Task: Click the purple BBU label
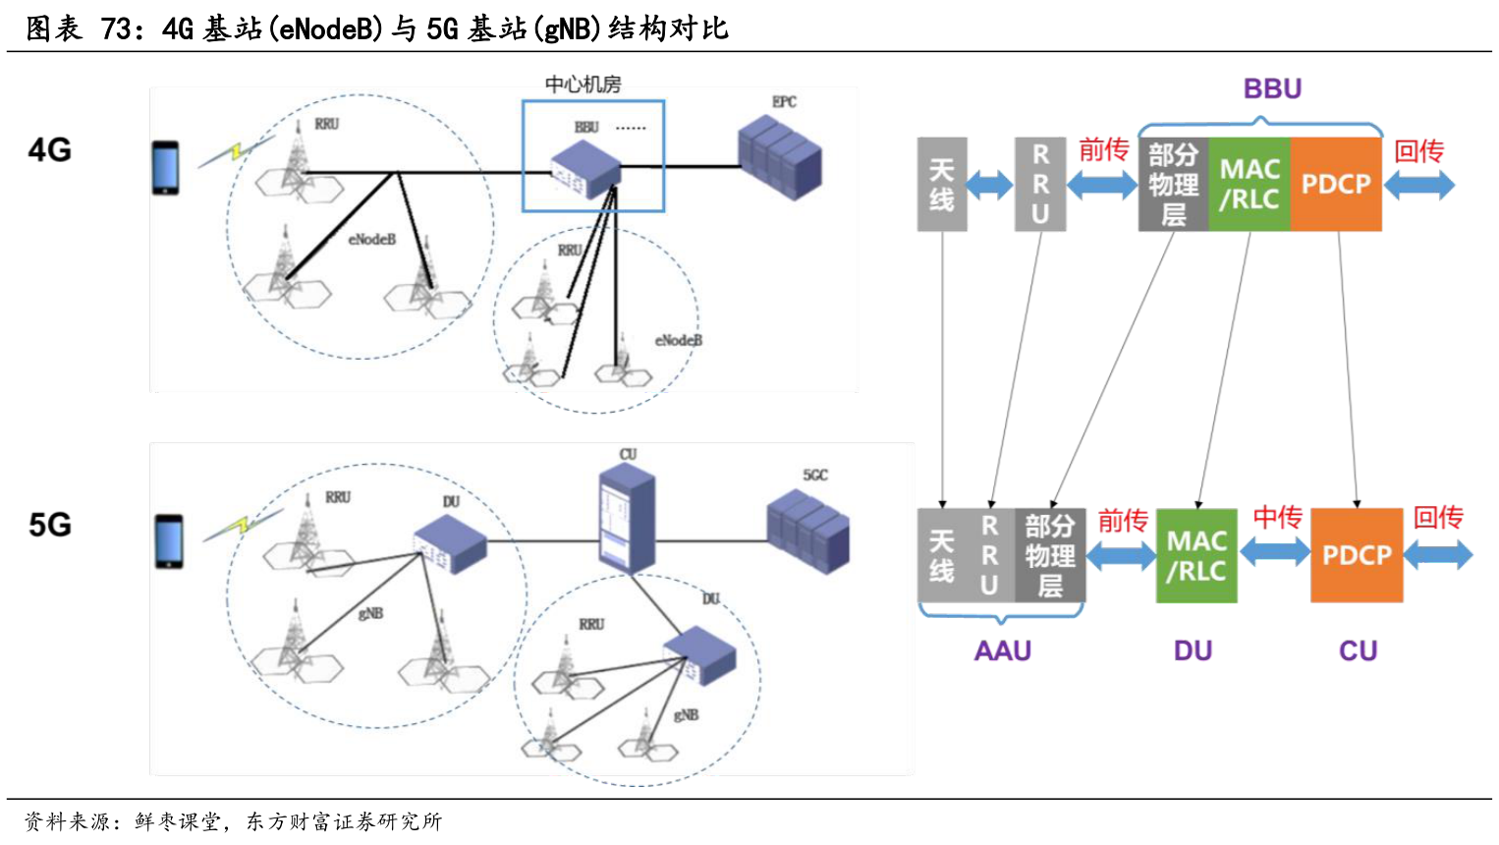pyautogui.click(x=1272, y=88)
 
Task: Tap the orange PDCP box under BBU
pyautogui.click(x=1335, y=184)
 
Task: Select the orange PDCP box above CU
pyautogui.click(x=1357, y=555)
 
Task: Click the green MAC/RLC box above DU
pyautogui.click(x=1195, y=556)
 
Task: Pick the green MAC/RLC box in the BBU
pyautogui.click(x=1249, y=184)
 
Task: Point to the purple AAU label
pyautogui.click(x=1002, y=650)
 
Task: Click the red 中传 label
pyautogui.click(x=1277, y=517)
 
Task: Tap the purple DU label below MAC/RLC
pyautogui.click(x=1193, y=650)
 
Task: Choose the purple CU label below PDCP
pyautogui.click(x=1358, y=650)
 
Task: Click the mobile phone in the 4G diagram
pyautogui.click(x=165, y=168)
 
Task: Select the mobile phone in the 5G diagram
pyautogui.click(x=169, y=541)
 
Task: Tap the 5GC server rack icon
pyautogui.click(x=807, y=531)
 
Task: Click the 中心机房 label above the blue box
pyautogui.click(x=583, y=84)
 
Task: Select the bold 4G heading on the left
pyautogui.click(x=50, y=150)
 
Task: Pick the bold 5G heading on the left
pyautogui.click(x=50, y=525)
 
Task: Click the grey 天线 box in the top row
pyautogui.click(x=941, y=185)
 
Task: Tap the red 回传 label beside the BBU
pyautogui.click(x=1418, y=151)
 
